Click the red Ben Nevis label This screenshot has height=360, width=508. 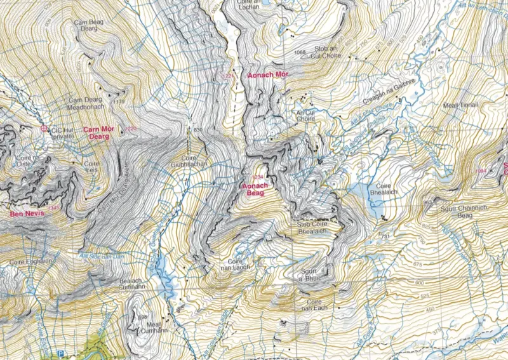pos(26,215)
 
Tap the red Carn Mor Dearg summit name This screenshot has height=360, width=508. pos(98,132)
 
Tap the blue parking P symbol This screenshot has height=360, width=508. pos(60,352)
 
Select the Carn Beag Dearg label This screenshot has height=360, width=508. pos(88,25)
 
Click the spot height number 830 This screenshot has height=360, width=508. pos(197,130)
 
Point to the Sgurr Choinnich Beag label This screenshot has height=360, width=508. pos(455,213)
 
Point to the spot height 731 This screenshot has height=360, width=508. pos(384,236)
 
